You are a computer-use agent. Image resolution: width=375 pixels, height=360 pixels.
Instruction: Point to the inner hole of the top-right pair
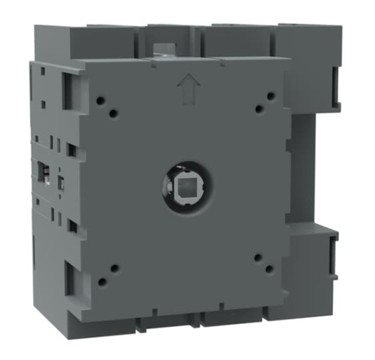259,109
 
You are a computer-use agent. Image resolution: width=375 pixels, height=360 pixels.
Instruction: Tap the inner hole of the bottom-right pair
257,258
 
